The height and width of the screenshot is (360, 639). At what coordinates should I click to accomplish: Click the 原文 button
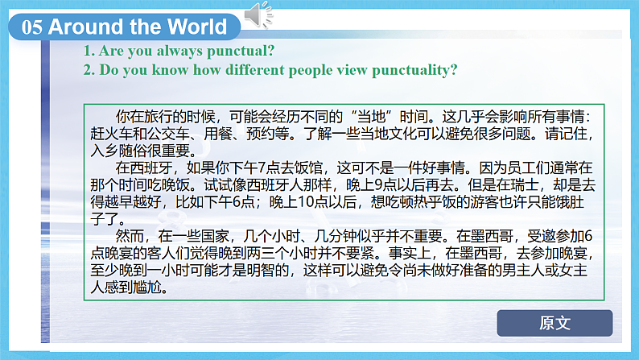pyautogui.click(x=554, y=323)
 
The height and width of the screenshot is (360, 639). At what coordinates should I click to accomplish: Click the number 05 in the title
pyautogui.click(x=32, y=27)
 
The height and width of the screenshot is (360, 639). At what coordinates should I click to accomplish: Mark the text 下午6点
pyautogui.click(x=232, y=204)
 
